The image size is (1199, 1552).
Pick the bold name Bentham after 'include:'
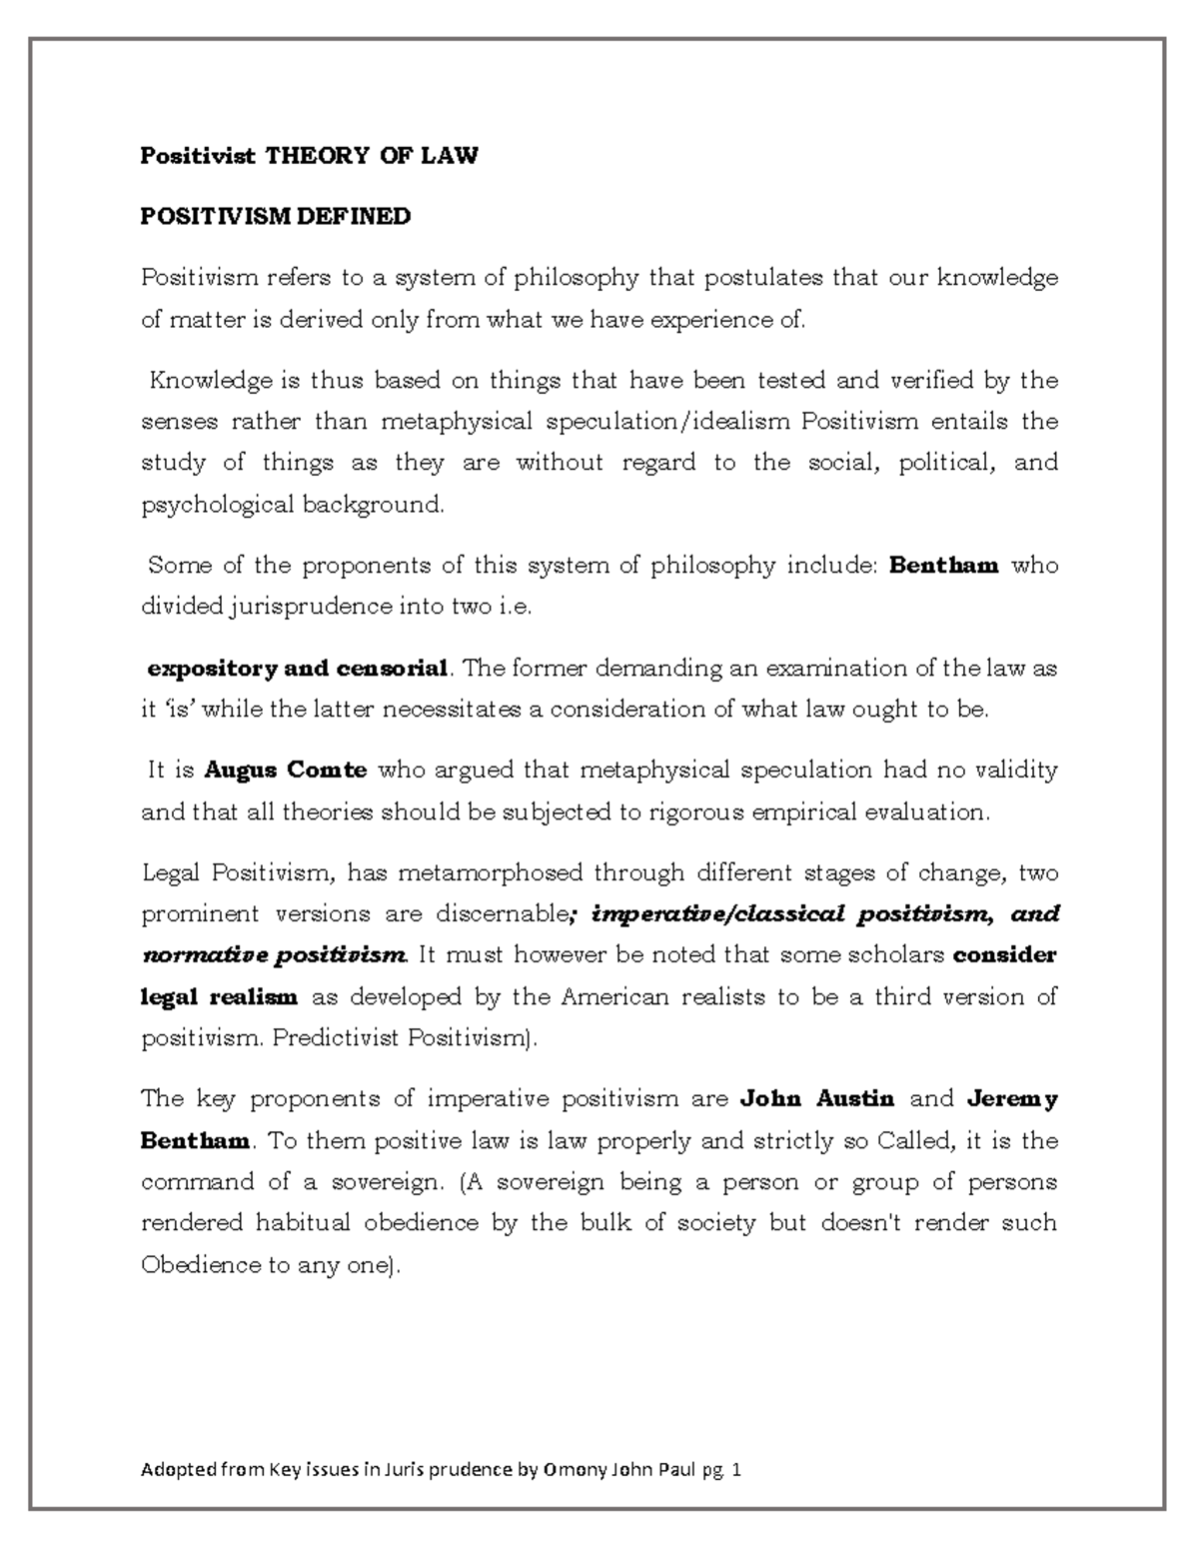click(x=943, y=566)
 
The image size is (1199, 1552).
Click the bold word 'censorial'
click(x=393, y=669)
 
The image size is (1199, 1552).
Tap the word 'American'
click(x=614, y=997)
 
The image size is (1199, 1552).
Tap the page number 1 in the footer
click(x=737, y=1471)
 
